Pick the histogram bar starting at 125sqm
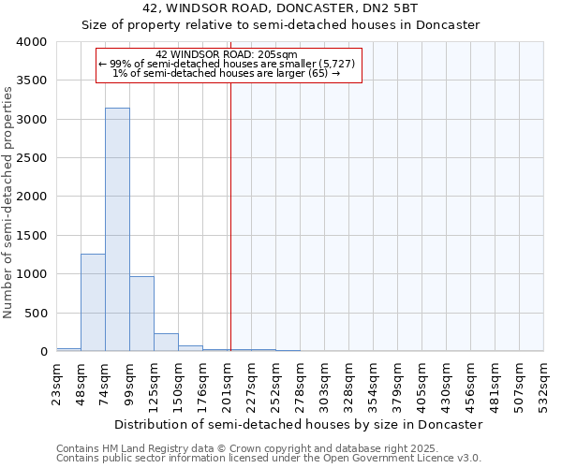166,342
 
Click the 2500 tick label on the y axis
31,158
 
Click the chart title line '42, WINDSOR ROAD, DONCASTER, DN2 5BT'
281,8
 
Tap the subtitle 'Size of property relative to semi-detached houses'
281,25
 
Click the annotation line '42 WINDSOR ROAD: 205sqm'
227,54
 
